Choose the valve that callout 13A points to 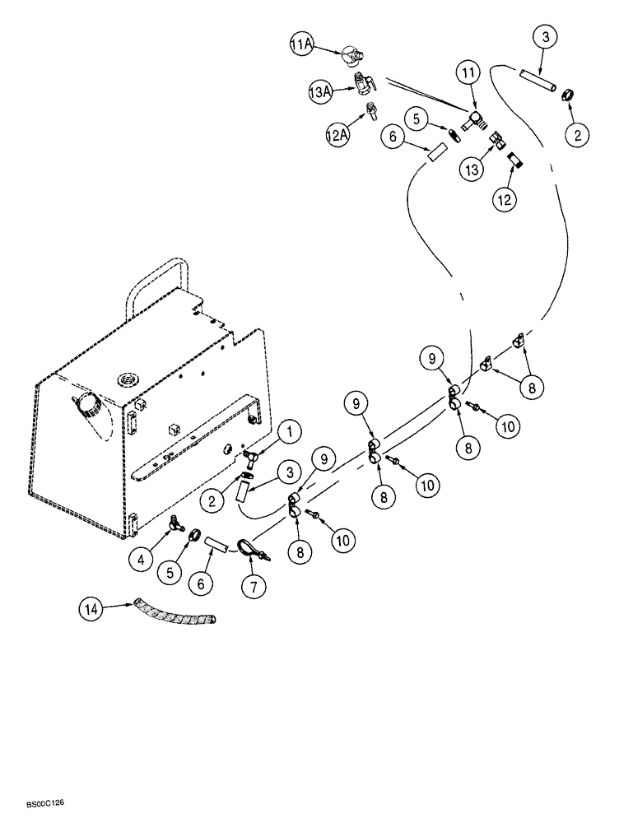click(364, 84)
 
